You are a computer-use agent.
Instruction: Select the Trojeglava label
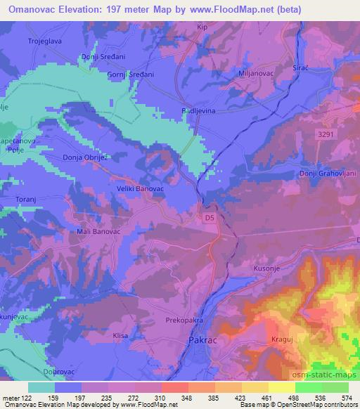pos(46,41)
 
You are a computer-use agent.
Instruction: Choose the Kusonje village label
pos(266,268)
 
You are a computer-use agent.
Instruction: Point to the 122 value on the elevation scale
pos(32,398)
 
